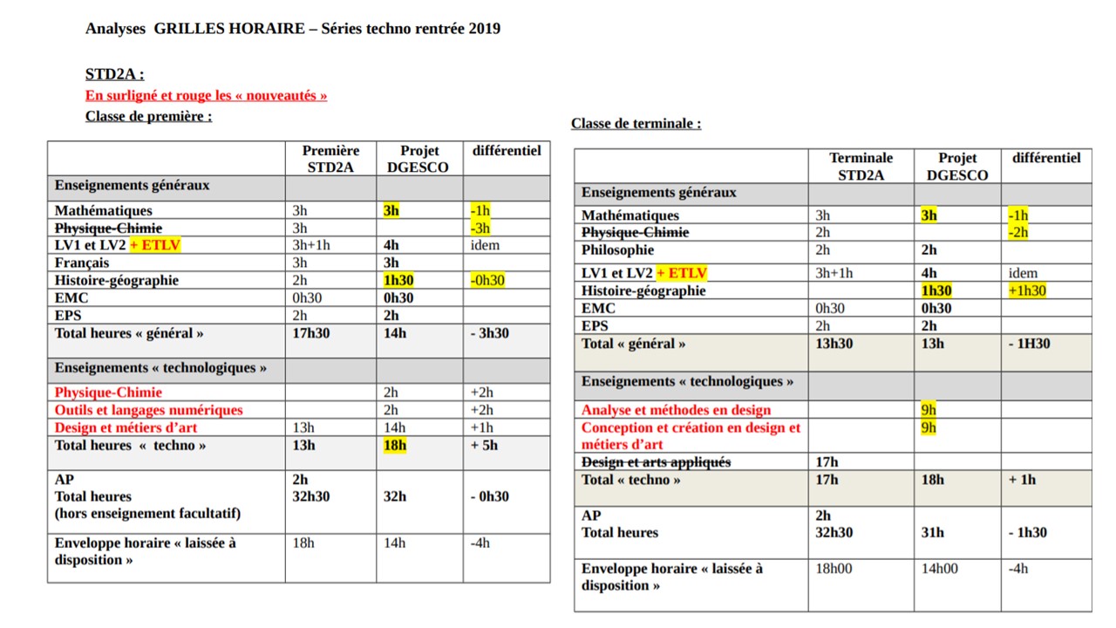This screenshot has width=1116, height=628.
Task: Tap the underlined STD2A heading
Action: point(114,74)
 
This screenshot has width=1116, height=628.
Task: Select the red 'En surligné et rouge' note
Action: point(206,95)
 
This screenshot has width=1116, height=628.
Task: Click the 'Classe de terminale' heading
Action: point(636,123)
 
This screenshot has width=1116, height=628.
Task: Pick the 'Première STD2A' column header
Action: point(330,159)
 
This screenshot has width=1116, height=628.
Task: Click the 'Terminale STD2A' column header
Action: point(861,166)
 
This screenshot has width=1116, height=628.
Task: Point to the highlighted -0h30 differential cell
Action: point(487,280)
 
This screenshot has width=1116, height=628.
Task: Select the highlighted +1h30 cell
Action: point(1027,290)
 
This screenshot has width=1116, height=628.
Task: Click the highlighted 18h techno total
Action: point(395,445)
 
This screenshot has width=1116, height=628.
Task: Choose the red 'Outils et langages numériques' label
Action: point(148,410)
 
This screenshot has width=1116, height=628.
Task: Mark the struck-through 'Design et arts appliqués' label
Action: point(656,462)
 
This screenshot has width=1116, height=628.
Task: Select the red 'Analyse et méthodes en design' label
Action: point(676,410)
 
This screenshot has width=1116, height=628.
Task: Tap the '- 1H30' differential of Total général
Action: point(1029,344)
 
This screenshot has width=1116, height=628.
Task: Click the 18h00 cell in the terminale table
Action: point(834,569)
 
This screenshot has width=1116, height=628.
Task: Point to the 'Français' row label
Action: point(82,263)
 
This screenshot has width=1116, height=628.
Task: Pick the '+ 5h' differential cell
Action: point(484,445)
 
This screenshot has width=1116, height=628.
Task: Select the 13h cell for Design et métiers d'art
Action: point(304,427)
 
